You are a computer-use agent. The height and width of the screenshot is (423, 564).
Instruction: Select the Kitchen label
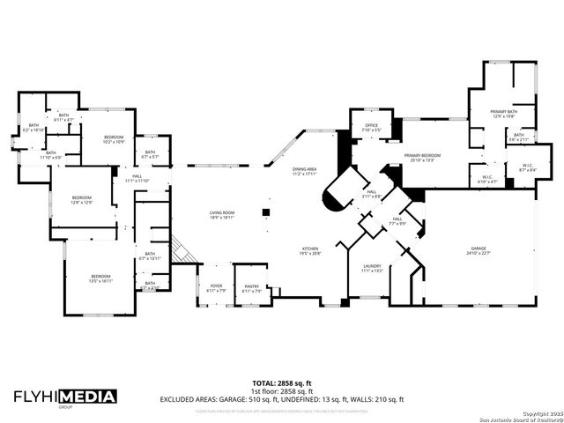click(311, 251)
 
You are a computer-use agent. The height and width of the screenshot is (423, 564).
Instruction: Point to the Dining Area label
click(304, 172)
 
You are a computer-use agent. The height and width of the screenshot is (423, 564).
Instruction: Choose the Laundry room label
click(371, 268)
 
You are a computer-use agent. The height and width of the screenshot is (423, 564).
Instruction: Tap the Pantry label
click(252, 287)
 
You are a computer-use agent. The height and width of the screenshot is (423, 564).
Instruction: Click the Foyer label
click(216, 287)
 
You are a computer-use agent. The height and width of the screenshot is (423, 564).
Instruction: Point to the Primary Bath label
click(504, 114)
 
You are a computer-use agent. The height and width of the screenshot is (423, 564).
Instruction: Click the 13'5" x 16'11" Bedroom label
click(100, 278)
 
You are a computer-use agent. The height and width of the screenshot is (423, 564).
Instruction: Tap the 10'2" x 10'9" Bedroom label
click(114, 139)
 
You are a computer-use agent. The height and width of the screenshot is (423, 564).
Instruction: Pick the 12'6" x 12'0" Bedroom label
click(81, 198)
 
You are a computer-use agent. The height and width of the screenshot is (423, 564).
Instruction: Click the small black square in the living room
click(263, 212)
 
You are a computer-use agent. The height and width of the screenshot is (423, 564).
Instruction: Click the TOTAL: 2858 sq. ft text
click(281, 383)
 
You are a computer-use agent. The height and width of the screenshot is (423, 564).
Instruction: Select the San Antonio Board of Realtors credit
click(516, 418)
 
